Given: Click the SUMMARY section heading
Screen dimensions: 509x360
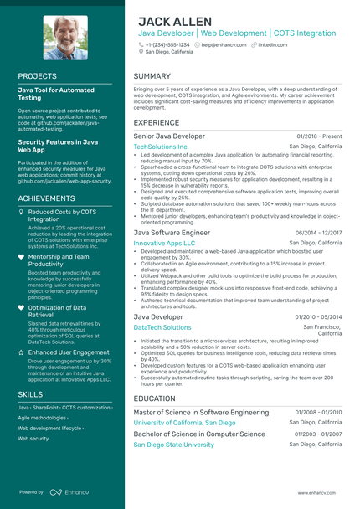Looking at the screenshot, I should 152,76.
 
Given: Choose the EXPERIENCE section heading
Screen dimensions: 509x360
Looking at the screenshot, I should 156,122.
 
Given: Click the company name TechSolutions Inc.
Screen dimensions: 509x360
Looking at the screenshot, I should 161,147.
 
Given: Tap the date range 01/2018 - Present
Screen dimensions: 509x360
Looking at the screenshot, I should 319,136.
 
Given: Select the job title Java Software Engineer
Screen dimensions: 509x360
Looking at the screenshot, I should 172,233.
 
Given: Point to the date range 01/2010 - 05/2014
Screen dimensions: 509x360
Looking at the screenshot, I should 318,317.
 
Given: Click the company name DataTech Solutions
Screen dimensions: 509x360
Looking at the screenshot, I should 162,327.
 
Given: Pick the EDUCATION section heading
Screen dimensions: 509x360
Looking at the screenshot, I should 154,398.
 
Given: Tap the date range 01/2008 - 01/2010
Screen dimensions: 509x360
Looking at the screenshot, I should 318,413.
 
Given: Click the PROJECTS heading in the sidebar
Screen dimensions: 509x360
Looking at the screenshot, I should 38,75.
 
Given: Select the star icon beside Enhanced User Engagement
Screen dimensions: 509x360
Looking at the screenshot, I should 21,353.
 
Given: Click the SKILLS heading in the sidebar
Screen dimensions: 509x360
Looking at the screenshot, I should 30,393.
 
